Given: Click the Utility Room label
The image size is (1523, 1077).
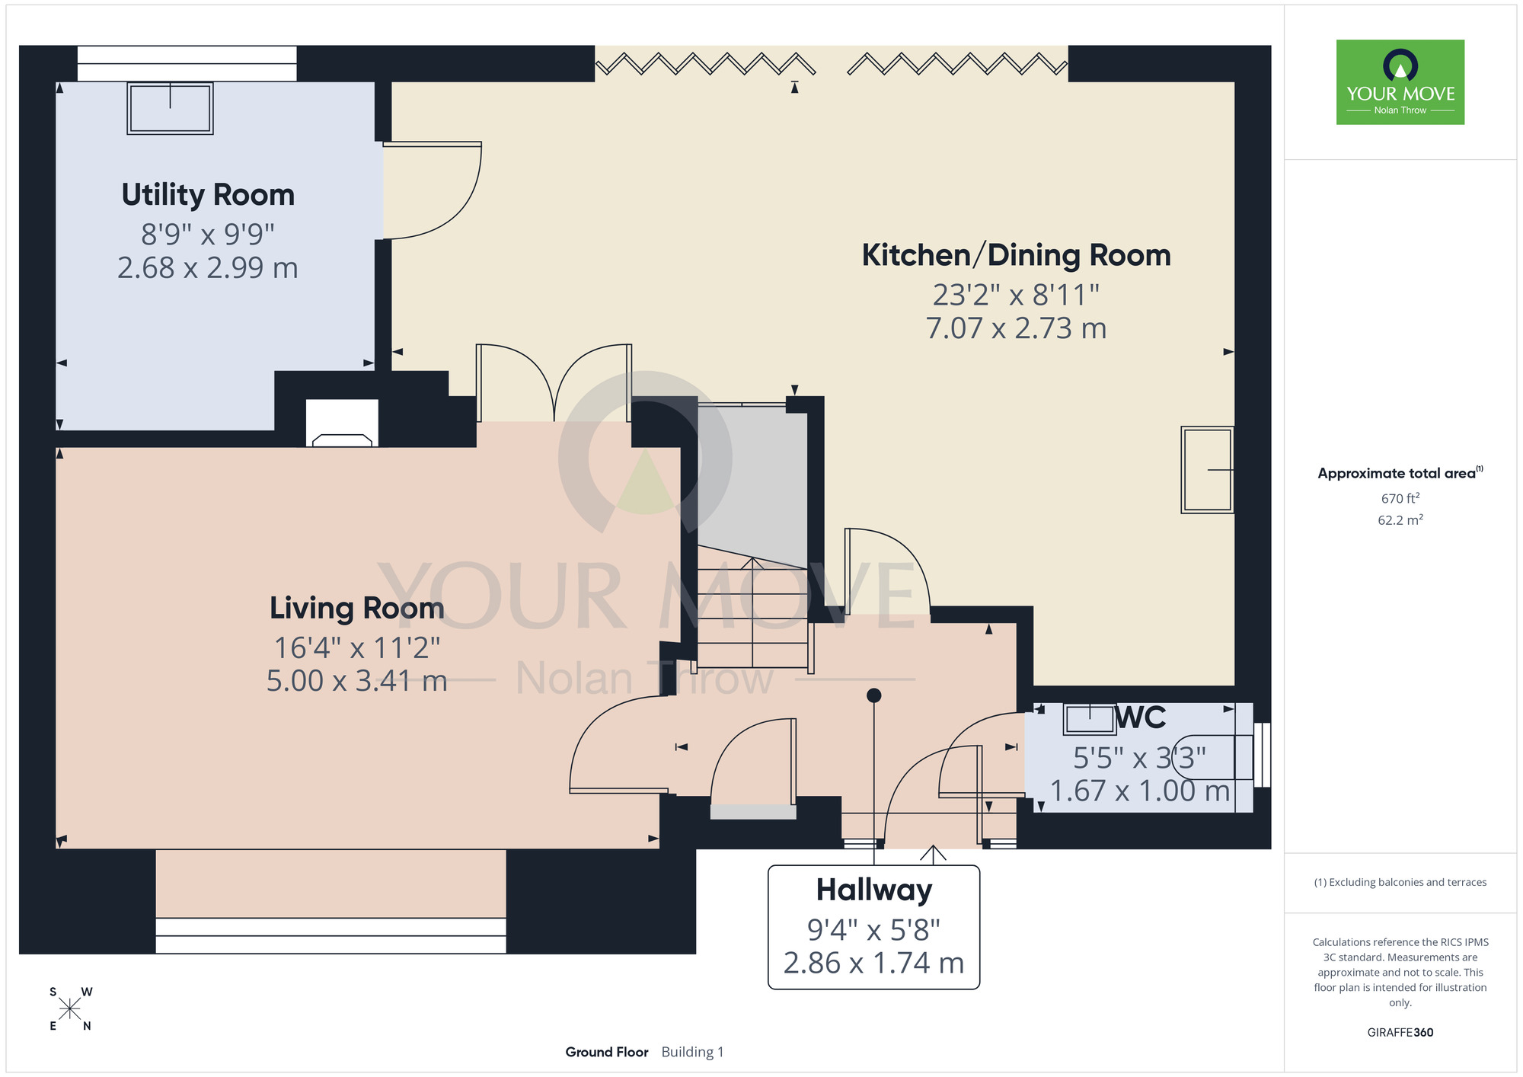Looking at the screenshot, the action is point(208,195).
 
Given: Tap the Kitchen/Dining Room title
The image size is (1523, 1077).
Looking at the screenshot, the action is point(1016,255).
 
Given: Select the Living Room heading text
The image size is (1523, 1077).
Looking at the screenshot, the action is point(356,608).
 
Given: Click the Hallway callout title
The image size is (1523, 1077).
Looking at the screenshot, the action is point(873,890).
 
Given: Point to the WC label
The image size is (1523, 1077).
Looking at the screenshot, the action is point(1140,717).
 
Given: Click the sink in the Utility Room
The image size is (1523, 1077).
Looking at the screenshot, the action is point(170,108).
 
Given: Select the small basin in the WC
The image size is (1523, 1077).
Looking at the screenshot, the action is point(1090,719).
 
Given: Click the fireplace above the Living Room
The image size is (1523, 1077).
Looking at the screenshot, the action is point(342,423).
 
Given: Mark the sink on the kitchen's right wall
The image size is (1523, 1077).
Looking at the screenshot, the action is point(1207,470).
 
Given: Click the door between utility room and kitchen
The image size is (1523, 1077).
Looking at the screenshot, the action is point(432,190).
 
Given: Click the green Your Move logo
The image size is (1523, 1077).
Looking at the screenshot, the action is point(1400,82).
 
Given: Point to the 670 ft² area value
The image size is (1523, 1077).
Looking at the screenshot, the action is point(1400,498).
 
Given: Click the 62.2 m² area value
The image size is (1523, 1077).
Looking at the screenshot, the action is point(1400,520).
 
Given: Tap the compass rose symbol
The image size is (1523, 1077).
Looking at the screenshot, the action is point(70,1009).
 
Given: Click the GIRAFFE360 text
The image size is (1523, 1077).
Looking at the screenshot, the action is point(1400,1033).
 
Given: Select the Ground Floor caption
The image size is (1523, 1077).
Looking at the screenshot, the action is point(607,1052).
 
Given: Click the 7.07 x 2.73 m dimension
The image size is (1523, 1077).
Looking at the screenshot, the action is point(1016,328).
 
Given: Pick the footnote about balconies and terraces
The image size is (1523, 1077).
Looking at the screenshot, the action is point(1400,882).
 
